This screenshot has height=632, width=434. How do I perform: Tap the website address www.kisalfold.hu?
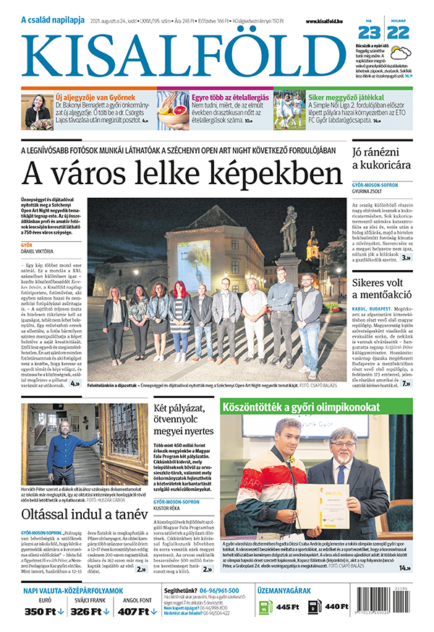(330, 22)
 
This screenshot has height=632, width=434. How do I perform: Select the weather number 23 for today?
(367, 33)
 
